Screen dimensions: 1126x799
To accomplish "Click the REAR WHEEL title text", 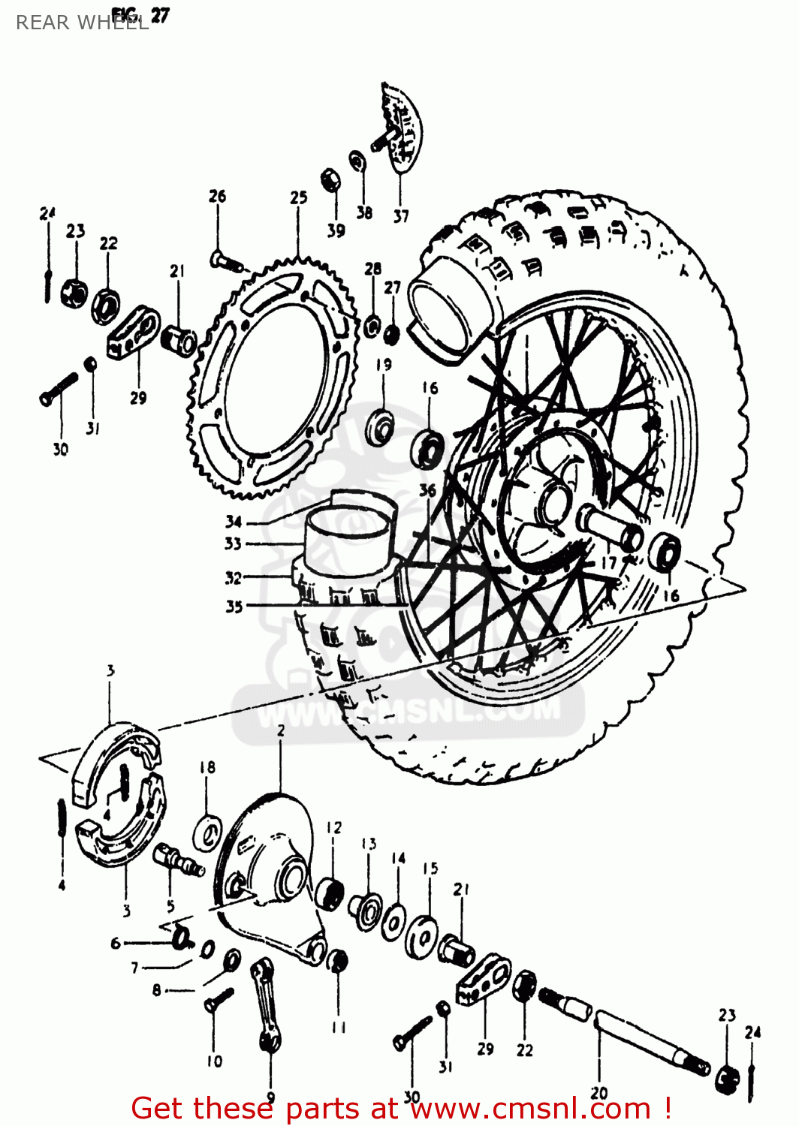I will (x=82, y=23).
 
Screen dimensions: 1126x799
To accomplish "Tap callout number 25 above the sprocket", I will (x=299, y=197).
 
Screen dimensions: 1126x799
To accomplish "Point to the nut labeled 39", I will (x=330, y=180).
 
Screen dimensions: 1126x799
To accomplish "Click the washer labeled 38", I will (x=358, y=161).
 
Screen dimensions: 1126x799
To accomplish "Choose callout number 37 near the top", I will (x=401, y=216).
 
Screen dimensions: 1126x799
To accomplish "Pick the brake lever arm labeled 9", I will (x=266, y=1002).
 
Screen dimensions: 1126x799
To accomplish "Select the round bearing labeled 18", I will (x=207, y=831).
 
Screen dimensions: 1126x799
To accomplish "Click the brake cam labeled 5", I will (x=178, y=860).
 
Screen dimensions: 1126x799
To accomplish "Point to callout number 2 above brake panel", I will (x=281, y=730).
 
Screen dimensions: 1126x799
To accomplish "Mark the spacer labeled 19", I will (x=381, y=428).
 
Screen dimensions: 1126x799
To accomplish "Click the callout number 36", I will (x=427, y=490).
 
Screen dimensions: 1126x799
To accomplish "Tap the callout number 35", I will (x=234, y=606).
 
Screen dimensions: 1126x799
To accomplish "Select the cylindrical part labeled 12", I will (x=330, y=891).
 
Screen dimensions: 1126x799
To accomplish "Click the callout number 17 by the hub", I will (x=608, y=562).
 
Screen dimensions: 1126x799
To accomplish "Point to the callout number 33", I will (x=233, y=543).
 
